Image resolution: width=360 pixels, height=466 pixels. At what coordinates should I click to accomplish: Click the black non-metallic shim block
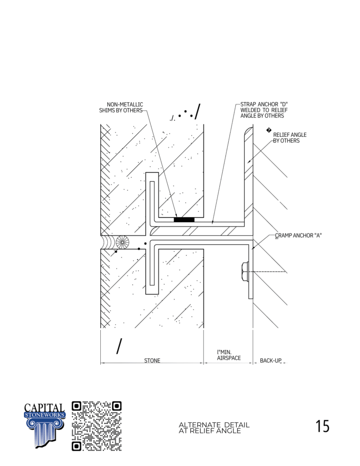(184, 219)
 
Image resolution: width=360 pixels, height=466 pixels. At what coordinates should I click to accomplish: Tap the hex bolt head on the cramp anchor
(245, 271)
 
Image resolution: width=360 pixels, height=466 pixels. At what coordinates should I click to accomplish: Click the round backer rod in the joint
(122, 242)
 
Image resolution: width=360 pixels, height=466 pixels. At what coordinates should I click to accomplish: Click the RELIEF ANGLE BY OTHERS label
(290, 138)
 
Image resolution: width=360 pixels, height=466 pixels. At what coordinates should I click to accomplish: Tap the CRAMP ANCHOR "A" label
(298, 235)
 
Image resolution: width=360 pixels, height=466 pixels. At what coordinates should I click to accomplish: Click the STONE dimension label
(152, 361)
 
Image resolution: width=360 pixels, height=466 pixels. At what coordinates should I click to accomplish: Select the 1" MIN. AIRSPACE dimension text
(229, 355)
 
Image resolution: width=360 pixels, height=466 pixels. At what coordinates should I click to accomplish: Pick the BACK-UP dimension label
(270, 361)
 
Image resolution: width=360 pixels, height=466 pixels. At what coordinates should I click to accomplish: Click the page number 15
(322, 426)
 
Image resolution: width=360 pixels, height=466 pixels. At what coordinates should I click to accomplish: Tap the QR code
(97, 426)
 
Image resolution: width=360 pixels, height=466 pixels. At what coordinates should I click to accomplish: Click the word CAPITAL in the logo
(44, 407)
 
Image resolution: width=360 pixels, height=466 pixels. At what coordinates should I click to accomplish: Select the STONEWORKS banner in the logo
(45, 415)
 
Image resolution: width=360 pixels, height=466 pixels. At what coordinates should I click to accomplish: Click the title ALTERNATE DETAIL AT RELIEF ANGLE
(214, 428)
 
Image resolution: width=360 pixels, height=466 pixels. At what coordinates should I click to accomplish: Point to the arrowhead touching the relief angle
(249, 162)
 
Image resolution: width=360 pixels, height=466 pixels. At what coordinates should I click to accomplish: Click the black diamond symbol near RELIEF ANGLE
(269, 130)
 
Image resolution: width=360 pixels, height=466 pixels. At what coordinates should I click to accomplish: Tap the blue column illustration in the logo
(45, 433)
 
